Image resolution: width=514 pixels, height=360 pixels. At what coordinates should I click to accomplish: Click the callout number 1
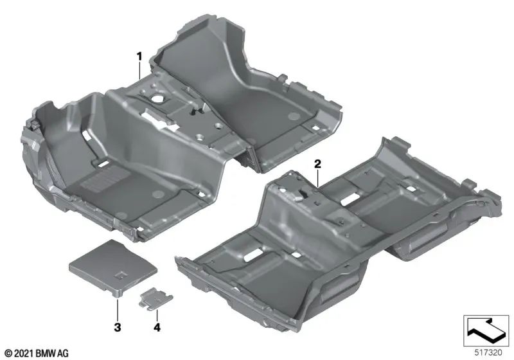click(138, 57)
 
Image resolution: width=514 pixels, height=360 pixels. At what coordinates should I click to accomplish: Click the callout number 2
click(317, 165)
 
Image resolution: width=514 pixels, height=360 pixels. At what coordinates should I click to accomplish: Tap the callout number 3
click(118, 328)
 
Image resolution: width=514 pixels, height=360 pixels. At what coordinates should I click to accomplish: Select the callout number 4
click(155, 328)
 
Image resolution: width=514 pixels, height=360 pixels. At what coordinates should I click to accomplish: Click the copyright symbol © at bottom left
click(7, 353)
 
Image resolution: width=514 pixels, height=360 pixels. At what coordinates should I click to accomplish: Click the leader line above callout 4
click(155, 312)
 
